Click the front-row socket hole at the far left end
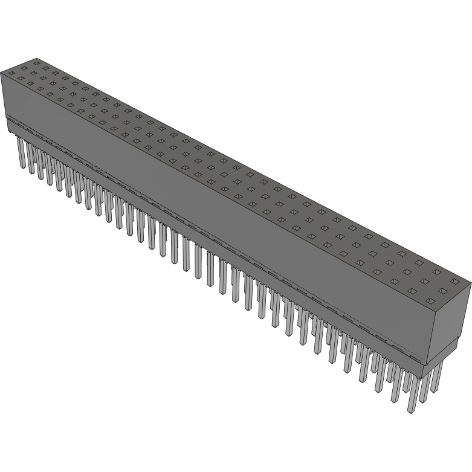click(11, 73)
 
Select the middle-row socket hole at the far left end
click(24, 67)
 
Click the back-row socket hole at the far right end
click(455, 281)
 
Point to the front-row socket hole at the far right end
click(430, 300)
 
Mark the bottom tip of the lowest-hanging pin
click(412, 412)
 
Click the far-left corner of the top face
click(1, 71)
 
